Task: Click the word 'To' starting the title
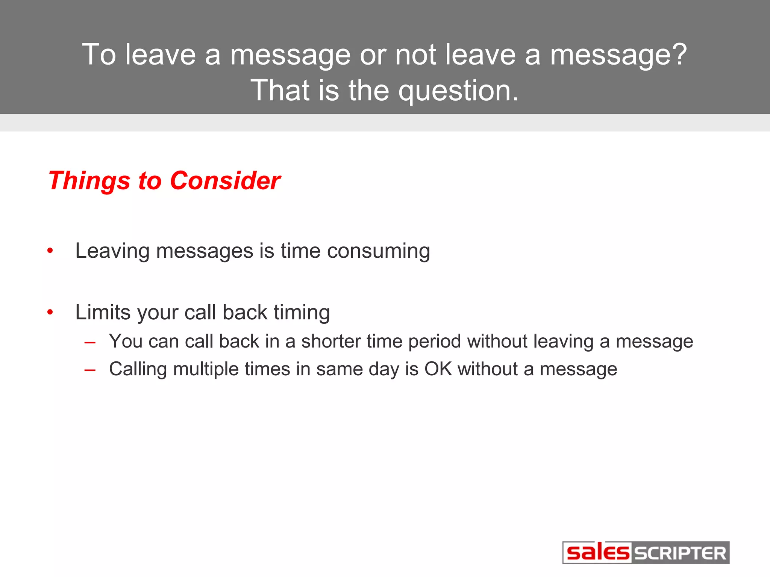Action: click(x=99, y=55)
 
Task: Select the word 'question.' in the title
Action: click(x=458, y=91)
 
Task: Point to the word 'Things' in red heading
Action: click(x=89, y=181)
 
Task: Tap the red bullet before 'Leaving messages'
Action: click(x=50, y=251)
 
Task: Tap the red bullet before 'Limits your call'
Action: click(x=50, y=312)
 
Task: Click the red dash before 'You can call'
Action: click(x=90, y=342)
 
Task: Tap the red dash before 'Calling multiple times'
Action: click(x=90, y=370)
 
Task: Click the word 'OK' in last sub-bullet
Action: click(x=438, y=369)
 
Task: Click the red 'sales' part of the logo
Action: click(x=597, y=553)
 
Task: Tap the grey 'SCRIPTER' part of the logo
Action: click(x=680, y=553)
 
